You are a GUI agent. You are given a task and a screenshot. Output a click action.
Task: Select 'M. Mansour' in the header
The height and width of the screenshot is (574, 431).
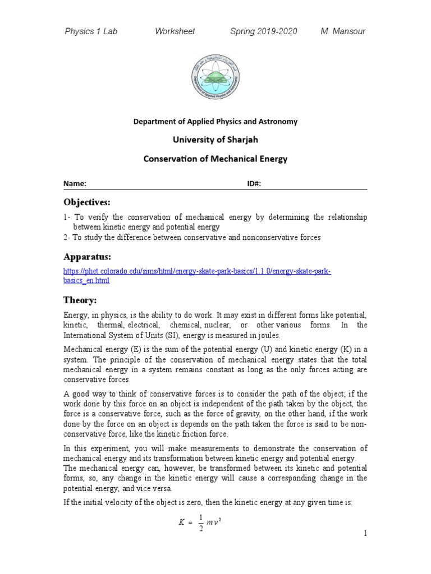342,31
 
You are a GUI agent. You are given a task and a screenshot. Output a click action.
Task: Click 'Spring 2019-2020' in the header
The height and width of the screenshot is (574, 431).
264,31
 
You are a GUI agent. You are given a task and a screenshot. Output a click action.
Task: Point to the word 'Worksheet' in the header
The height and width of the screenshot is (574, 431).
175,31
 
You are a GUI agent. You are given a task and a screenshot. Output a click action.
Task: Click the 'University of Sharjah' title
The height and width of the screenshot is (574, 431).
215,140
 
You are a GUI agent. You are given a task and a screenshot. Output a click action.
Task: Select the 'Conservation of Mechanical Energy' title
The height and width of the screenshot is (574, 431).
215,159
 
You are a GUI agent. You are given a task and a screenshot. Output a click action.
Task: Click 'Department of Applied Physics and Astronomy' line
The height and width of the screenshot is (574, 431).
215,121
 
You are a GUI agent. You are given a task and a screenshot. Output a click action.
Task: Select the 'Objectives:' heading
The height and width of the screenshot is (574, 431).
87,202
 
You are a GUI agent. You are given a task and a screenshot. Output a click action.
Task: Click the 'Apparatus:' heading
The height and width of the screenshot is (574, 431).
87,257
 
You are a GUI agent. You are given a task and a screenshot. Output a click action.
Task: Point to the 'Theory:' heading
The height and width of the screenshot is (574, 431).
81,300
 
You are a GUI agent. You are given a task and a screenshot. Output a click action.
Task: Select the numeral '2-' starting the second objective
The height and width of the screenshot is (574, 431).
67,238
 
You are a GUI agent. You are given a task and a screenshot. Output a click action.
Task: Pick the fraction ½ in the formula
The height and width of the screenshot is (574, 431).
201,522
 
